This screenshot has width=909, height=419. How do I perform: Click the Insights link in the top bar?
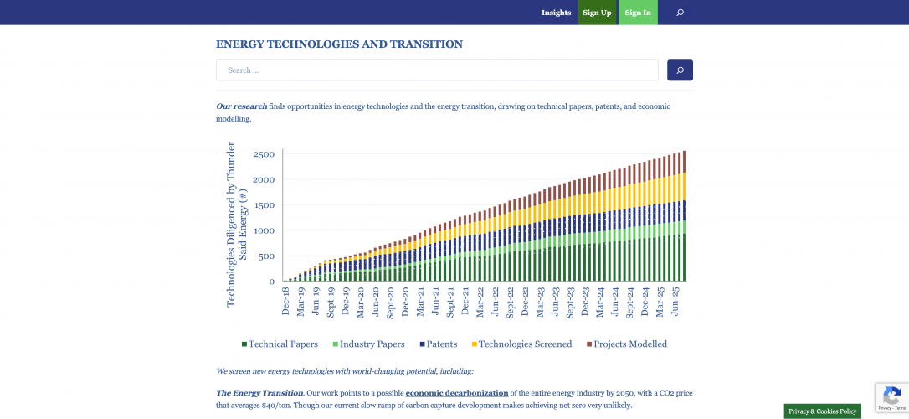556,13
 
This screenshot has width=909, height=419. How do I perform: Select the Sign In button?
638,13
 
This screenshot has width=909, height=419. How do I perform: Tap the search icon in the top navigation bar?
680,13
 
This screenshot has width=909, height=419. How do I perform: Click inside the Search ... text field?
437,70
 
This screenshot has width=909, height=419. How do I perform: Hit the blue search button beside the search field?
680,70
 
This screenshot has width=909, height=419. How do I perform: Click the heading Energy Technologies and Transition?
339,44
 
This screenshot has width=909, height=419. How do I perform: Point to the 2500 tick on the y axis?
264,154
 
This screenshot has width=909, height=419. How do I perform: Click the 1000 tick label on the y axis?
264,230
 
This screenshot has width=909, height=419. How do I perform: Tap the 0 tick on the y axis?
271,282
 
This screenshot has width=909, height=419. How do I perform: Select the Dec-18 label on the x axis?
286,301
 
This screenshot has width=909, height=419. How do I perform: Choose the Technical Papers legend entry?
280,344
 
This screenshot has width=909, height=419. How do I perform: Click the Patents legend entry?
438,344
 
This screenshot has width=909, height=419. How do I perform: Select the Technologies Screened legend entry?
521,344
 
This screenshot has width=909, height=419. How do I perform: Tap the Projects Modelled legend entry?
627,344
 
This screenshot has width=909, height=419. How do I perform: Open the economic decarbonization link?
457,393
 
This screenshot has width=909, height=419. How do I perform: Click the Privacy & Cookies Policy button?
822,411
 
